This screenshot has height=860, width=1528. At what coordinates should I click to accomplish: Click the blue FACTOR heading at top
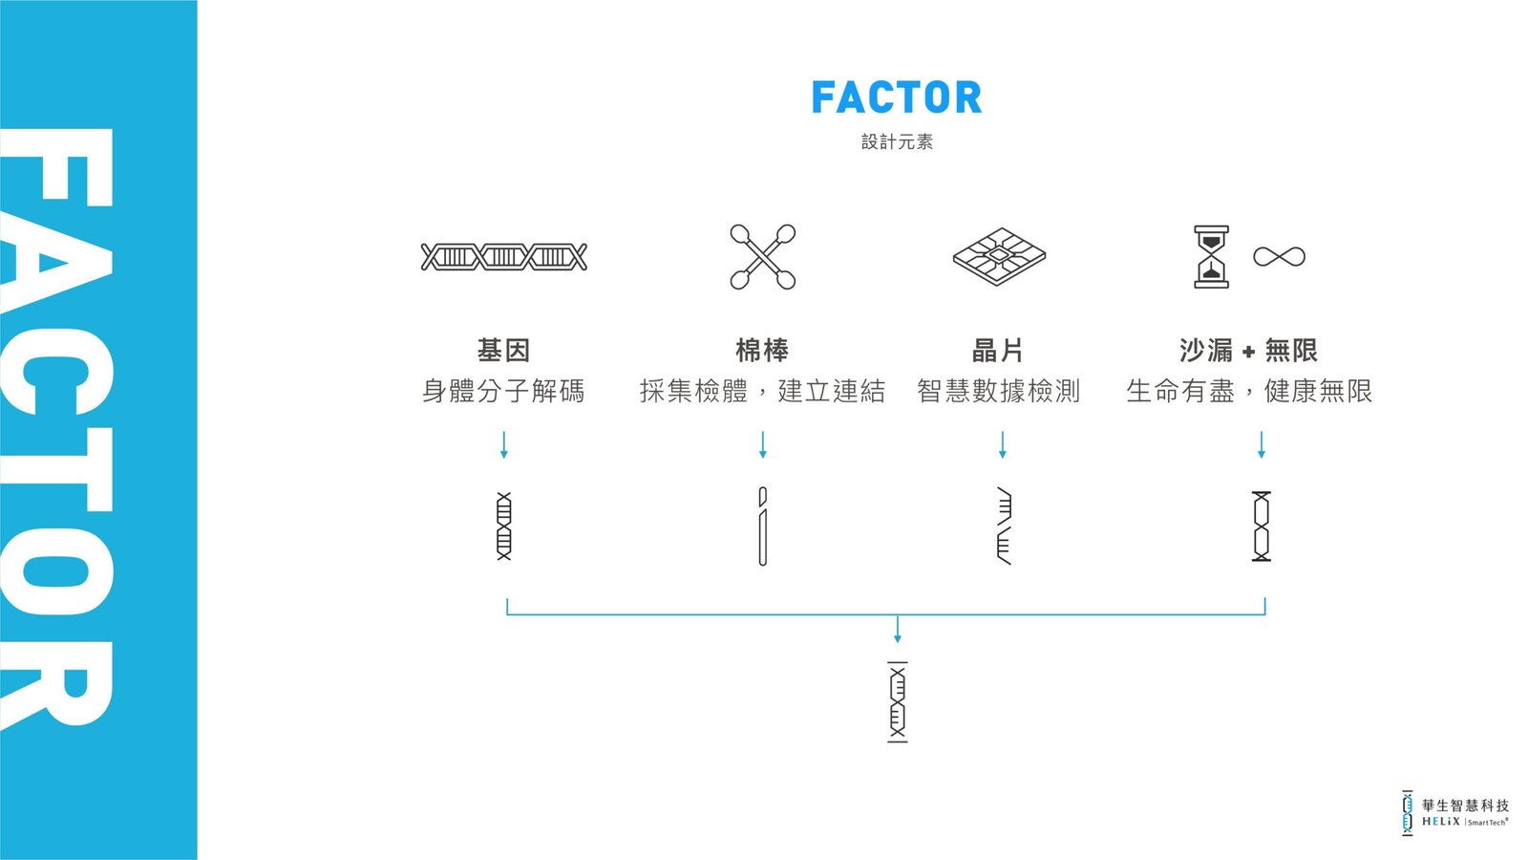[x=897, y=97]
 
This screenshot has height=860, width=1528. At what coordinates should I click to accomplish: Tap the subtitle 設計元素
[x=897, y=142]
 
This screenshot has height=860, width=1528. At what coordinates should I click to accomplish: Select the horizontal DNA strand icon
[x=503, y=257]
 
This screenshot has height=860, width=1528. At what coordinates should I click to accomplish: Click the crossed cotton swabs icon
[x=763, y=257]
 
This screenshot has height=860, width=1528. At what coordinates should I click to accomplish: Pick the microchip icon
[x=999, y=257]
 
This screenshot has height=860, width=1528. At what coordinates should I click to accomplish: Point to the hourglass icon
[x=1212, y=257]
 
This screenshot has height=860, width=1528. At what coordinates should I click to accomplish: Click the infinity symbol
[x=1279, y=257]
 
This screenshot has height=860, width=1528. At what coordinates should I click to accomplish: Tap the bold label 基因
[x=503, y=350]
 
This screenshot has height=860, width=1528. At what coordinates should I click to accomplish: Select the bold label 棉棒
[x=762, y=350]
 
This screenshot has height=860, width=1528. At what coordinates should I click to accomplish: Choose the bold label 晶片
[x=998, y=350]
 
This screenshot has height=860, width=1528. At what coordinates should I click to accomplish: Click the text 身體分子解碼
[x=503, y=391]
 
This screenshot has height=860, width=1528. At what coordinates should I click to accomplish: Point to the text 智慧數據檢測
[x=998, y=391]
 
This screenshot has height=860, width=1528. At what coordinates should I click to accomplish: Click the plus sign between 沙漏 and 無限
[x=1248, y=352]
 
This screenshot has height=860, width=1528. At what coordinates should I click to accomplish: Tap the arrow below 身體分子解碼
[x=504, y=444]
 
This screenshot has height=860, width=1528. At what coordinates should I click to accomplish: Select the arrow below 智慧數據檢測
[x=1002, y=444]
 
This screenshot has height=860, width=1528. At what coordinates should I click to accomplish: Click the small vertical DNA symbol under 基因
[x=504, y=526]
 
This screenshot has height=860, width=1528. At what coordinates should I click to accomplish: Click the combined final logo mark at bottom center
[x=898, y=701]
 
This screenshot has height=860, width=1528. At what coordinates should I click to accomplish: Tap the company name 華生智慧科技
[x=1465, y=806]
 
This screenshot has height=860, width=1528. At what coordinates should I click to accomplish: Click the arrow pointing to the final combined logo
[x=898, y=630]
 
